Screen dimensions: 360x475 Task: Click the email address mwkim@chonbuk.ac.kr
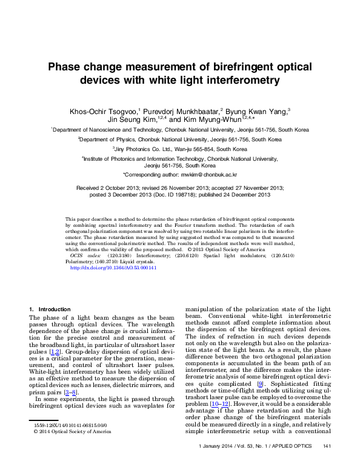tap(208, 174)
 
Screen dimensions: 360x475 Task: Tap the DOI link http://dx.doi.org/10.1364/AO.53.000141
tap(114, 268)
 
